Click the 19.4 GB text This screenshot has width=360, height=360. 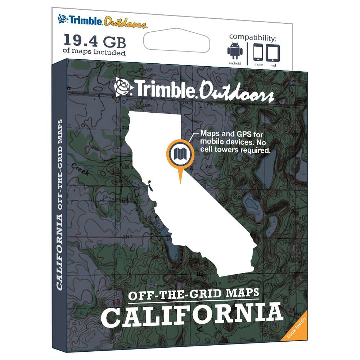pos(95,41)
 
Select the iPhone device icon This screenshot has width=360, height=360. pos(258,53)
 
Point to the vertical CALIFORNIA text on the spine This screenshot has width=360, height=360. pos(60,252)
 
